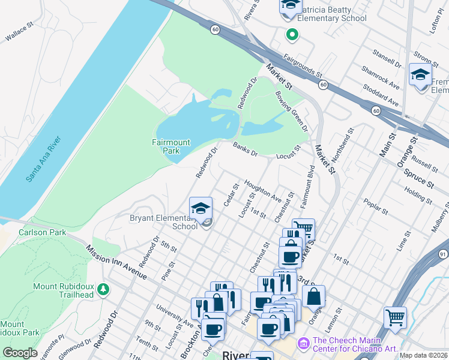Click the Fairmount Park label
pos(171,146)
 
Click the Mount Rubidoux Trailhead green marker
pos(103,290)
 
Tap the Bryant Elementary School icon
pos(201,208)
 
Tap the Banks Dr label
pos(245,149)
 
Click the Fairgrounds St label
pos(303,66)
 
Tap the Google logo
pos(20,353)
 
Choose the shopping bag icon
pos(313,296)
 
